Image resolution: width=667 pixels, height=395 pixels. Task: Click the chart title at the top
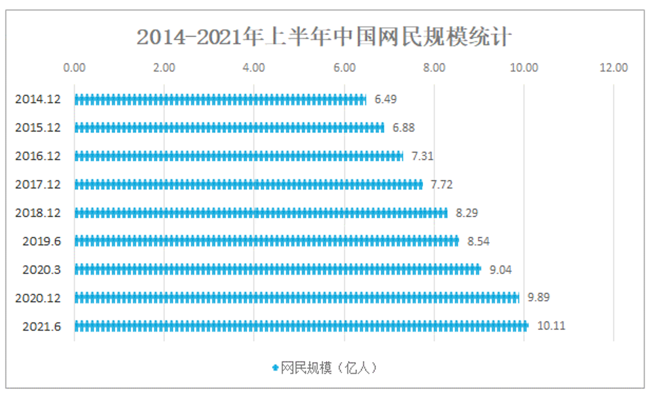[324, 37]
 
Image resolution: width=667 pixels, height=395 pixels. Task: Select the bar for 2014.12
[220, 100]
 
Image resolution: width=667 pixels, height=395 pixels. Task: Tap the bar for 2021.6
[301, 327]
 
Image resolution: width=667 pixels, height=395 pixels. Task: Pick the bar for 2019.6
[266, 241]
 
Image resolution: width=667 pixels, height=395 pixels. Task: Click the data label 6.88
[403, 128]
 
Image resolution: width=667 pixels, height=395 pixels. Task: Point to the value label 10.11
[551, 326]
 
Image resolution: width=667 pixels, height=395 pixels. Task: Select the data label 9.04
[500, 270]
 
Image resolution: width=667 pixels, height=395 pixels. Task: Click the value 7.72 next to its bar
[442, 184]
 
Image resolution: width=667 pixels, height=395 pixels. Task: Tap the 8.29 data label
[467, 213]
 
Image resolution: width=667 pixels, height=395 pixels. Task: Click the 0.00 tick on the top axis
[74, 68]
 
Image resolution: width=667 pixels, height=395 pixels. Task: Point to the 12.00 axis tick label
[614, 68]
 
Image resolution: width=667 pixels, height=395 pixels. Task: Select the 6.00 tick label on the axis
[344, 68]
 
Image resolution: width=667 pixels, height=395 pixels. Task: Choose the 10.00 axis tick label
[524, 68]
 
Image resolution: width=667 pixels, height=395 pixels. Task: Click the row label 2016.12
[38, 156]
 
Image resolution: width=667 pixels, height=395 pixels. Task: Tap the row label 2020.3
[42, 270]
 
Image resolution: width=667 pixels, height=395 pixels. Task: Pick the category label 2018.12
[38, 213]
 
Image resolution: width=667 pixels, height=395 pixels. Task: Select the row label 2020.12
[38, 298]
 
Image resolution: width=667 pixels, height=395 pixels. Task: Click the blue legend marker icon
[275, 367]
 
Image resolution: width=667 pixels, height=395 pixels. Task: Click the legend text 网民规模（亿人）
[329, 368]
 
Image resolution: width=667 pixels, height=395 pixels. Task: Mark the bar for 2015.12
[229, 128]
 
